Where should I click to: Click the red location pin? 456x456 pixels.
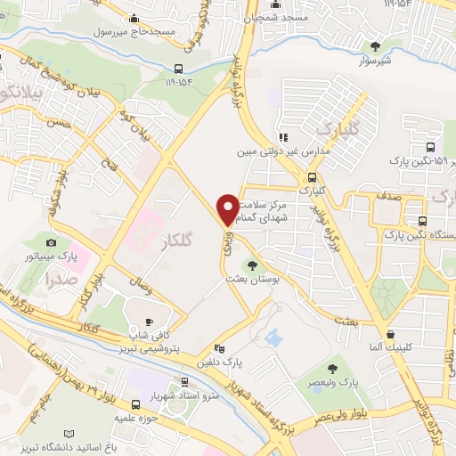tap(228, 208)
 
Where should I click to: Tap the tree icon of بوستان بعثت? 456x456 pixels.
tap(252, 265)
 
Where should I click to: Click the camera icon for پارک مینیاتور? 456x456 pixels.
tap(52, 243)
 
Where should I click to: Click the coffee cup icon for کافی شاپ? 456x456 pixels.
tap(149, 322)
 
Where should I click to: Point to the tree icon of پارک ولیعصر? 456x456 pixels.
tap(334, 368)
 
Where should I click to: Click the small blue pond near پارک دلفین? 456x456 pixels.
tap(273, 338)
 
